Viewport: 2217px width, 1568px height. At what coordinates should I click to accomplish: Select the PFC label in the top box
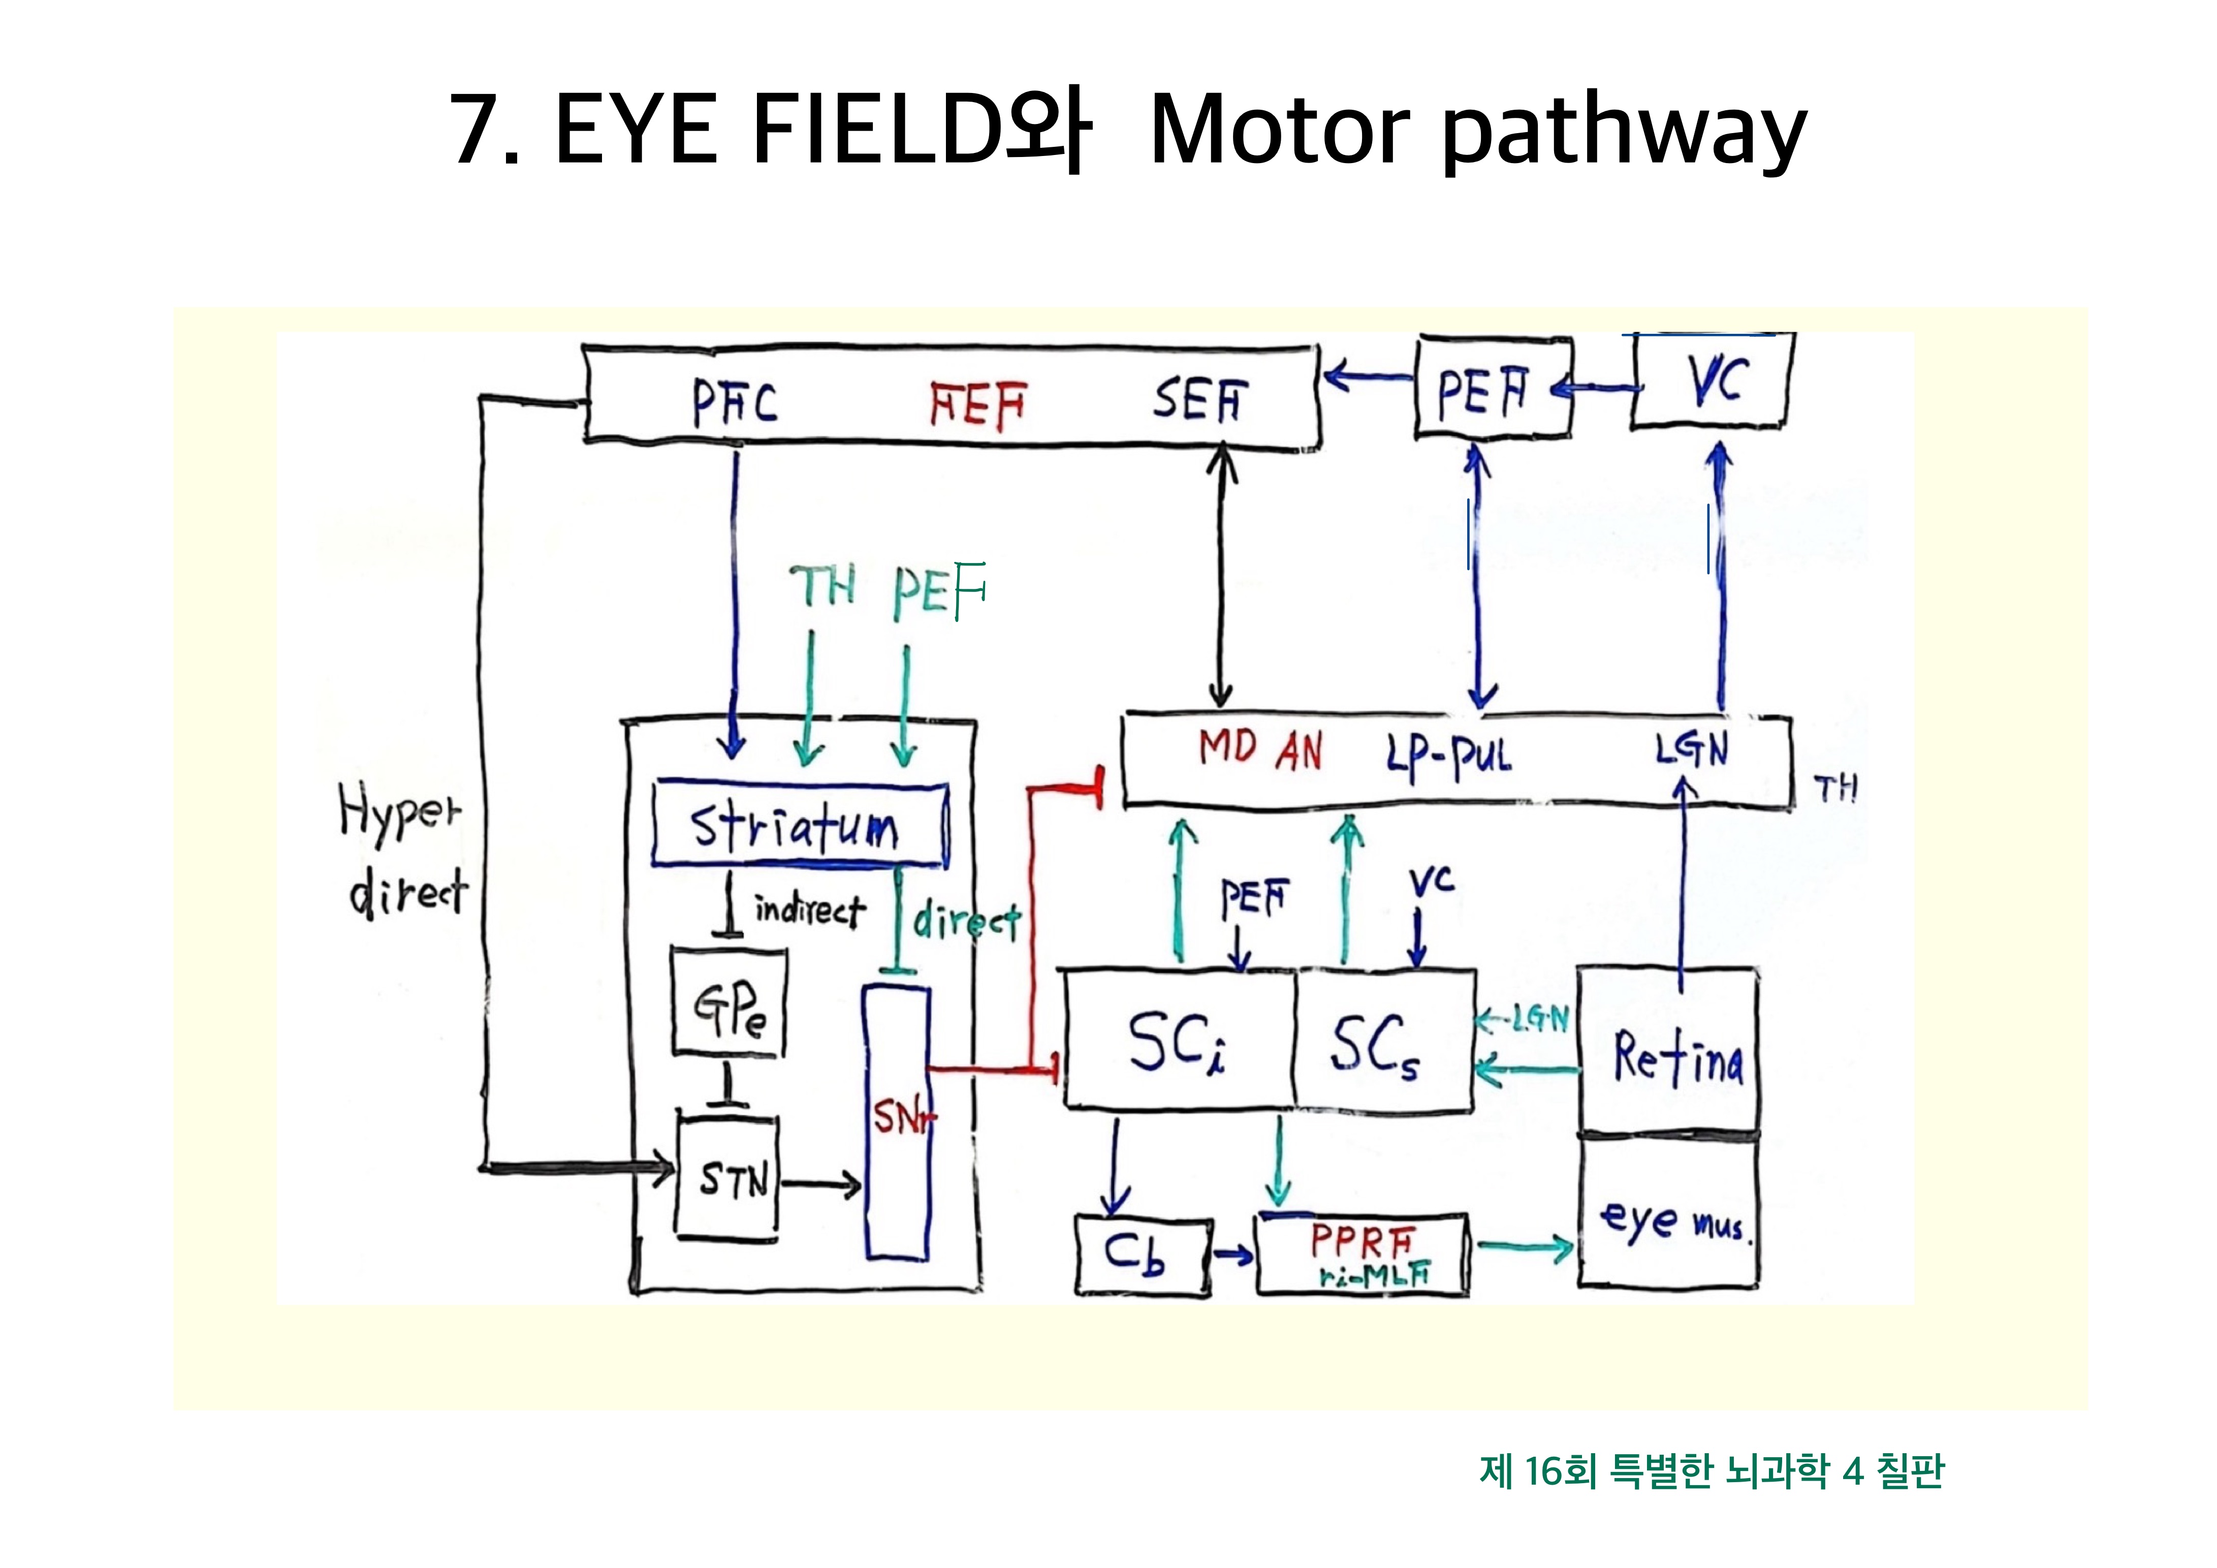735,402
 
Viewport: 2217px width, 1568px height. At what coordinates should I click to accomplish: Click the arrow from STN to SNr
821,1184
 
